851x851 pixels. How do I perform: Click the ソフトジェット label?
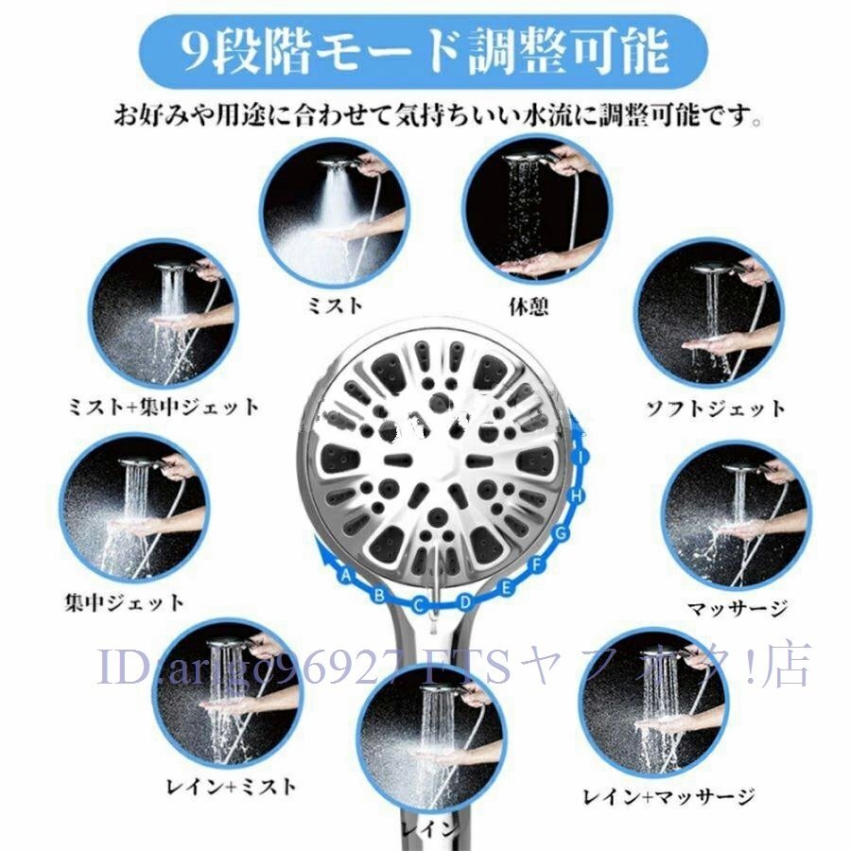(715, 408)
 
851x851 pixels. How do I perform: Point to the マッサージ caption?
(737, 607)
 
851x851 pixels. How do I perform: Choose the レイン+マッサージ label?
(669, 796)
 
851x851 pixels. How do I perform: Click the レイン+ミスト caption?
(230, 786)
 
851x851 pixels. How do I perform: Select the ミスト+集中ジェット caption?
(164, 407)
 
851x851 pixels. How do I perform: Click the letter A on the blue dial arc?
(346, 576)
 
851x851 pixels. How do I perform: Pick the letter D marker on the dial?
(464, 600)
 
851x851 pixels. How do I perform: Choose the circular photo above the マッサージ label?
(735, 514)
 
